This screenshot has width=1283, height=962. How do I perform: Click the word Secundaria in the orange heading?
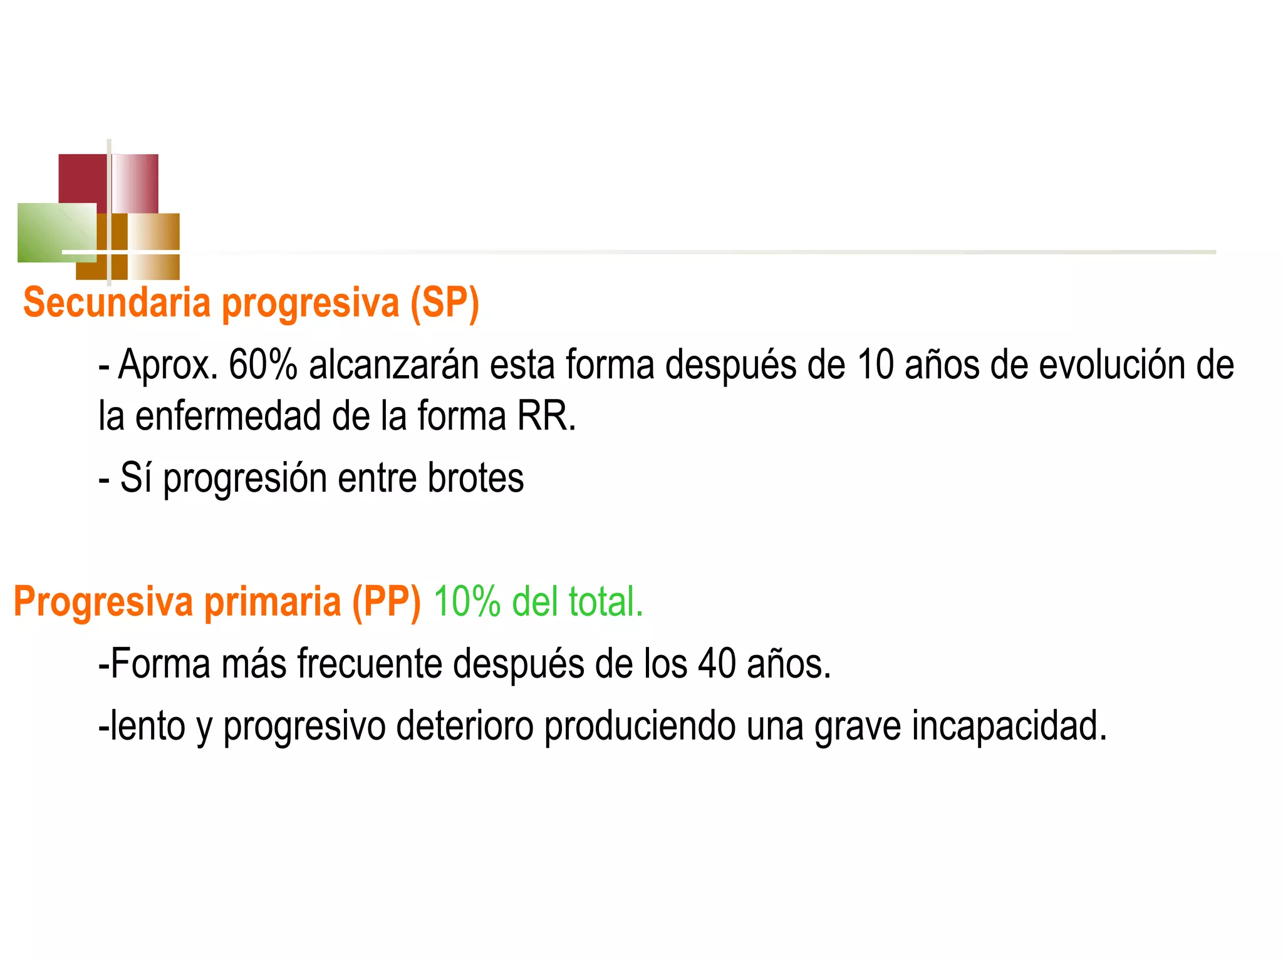click(117, 303)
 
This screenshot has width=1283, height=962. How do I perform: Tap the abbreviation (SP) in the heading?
click(445, 303)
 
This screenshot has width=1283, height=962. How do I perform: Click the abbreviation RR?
click(545, 416)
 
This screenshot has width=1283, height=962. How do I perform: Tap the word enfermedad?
click(228, 416)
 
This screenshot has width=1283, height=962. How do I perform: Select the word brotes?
click(475, 478)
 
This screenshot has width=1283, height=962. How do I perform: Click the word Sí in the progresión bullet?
click(136, 478)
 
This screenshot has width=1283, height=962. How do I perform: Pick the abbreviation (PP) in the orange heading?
click(386, 602)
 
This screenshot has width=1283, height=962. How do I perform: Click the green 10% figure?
click(466, 602)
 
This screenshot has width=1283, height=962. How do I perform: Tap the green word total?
click(605, 602)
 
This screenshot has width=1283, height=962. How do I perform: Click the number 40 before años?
click(717, 664)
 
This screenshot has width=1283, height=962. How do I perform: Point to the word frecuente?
click(370, 664)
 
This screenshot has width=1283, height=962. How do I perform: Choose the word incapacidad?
click(1009, 727)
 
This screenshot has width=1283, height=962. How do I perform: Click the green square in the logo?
click(50, 232)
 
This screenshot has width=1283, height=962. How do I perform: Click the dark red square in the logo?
click(81, 178)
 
